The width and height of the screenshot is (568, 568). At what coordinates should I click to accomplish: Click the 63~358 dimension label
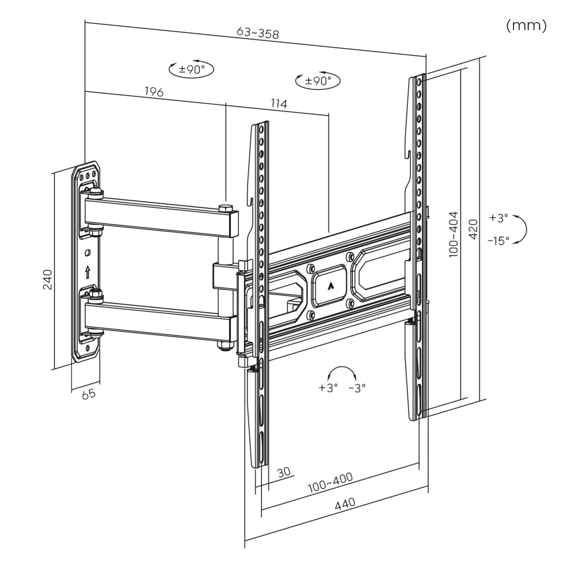click(x=257, y=33)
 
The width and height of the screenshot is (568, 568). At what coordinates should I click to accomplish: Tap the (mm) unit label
click(x=526, y=26)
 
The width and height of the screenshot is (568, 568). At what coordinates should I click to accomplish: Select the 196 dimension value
click(x=154, y=92)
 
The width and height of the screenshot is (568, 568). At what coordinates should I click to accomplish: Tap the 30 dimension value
click(x=283, y=472)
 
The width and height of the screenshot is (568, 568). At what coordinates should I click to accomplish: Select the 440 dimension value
click(x=344, y=504)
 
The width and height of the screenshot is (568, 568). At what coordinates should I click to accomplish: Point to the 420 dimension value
click(x=473, y=228)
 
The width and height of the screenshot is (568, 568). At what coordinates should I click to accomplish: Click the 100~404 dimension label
click(x=454, y=234)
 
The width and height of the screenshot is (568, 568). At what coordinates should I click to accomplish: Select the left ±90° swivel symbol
click(x=191, y=69)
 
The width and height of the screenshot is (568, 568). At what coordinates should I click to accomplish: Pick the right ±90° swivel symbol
click(x=318, y=81)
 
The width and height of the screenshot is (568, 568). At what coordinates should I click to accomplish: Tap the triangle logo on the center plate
click(x=331, y=286)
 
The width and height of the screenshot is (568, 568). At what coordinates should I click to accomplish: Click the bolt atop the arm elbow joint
click(x=226, y=209)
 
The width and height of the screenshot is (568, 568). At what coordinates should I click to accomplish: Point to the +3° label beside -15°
click(x=499, y=218)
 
